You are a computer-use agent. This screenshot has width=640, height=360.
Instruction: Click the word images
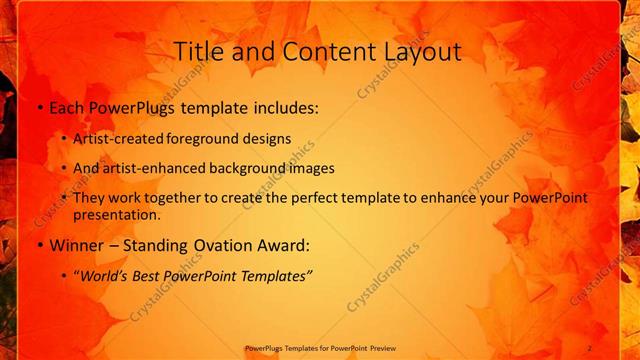[314, 168]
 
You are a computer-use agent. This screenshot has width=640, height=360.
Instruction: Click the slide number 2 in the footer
[589, 347]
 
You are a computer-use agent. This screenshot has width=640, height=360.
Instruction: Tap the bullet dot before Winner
[38, 245]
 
